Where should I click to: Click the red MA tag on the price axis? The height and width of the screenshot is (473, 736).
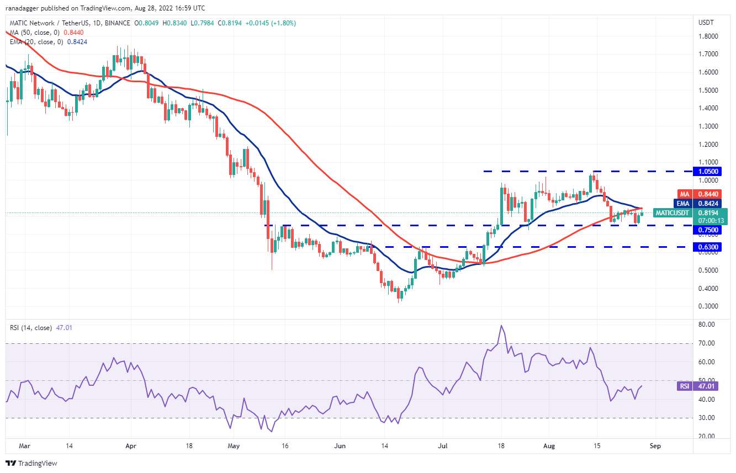685,194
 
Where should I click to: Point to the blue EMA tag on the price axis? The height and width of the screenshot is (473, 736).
685,203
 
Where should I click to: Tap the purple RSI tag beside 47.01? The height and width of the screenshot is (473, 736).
685,386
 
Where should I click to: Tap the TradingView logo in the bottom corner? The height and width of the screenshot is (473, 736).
31,463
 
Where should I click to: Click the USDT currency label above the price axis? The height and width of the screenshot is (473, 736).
707,23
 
